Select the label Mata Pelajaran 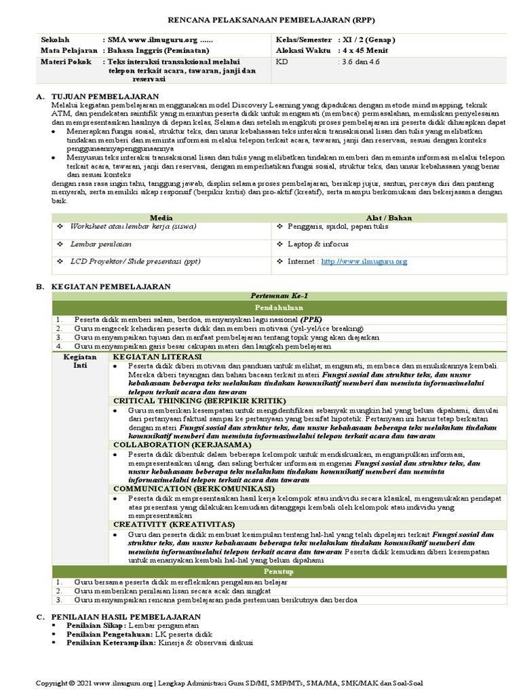(67, 50)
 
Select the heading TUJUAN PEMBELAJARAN (105, 97)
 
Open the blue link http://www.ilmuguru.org (364, 261)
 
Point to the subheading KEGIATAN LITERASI (157, 356)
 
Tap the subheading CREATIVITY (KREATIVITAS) (174, 525)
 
